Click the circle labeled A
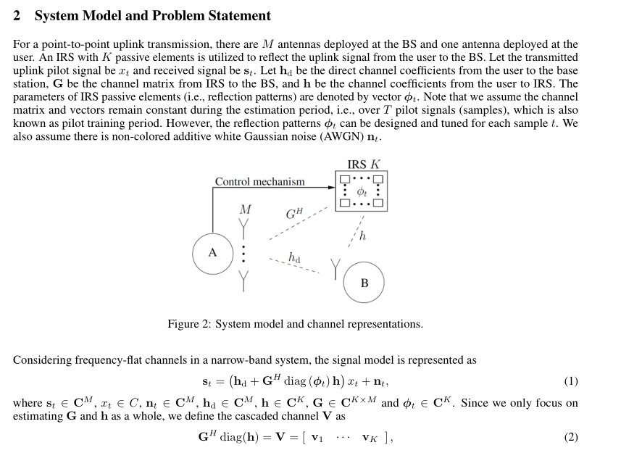coord(212,253)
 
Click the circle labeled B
coord(364,283)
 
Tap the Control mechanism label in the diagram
coord(259,181)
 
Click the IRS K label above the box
coord(363,165)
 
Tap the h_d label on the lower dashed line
coord(294,257)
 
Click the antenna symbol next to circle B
coord(335,267)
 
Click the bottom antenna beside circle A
coord(245,279)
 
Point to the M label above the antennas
coord(245,209)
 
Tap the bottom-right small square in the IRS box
coord(378,204)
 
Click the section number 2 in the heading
coord(18,15)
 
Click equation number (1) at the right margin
coord(570,381)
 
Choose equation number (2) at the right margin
coord(570,437)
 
